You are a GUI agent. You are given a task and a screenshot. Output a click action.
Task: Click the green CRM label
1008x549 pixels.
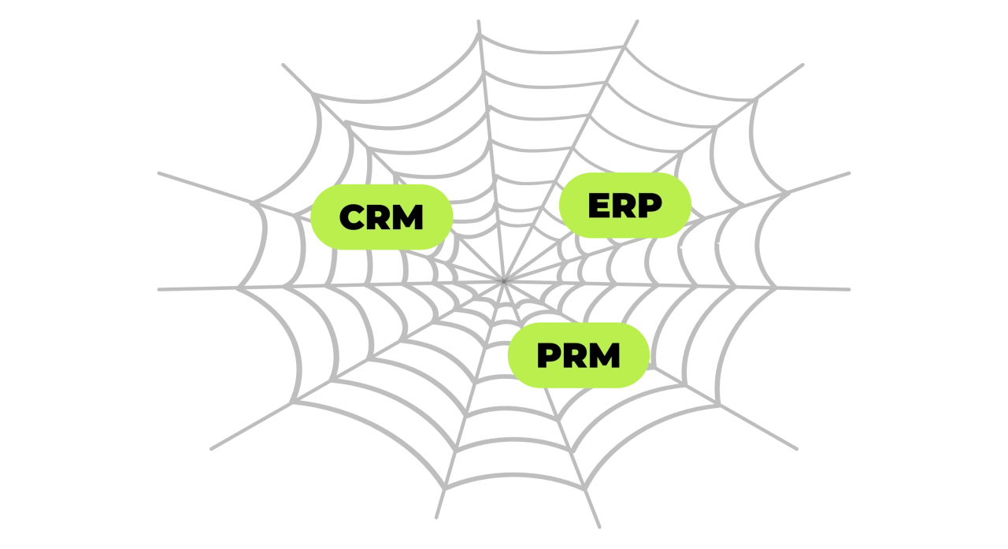click(x=382, y=217)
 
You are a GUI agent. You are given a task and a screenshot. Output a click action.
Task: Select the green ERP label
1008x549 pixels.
click(x=625, y=206)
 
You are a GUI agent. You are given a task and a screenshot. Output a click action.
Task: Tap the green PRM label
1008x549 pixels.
click(x=579, y=355)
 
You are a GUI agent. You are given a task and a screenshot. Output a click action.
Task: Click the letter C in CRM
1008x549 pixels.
click(x=352, y=217)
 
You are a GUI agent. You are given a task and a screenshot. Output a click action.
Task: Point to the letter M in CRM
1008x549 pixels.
click(x=408, y=217)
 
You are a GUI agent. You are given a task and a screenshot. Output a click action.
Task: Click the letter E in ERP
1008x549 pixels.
click(x=598, y=206)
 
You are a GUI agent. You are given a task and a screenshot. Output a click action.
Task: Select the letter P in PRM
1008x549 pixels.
click(x=549, y=355)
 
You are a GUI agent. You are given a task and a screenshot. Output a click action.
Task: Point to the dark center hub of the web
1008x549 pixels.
click(x=503, y=280)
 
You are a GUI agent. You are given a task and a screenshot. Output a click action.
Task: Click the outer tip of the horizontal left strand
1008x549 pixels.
click(x=159, y=290)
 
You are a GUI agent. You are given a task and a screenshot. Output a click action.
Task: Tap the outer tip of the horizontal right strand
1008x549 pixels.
click(x=849, y=290)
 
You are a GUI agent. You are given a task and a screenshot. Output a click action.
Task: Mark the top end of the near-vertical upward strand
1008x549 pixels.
click(x=478, y=21)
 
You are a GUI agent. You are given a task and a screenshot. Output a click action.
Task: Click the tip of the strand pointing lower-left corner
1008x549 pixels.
click(x=212, y=449)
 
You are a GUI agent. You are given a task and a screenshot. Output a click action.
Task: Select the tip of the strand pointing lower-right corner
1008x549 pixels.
click(x=796, y=449)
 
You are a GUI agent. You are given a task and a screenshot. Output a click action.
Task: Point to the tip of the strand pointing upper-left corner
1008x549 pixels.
click(x=283, y=65)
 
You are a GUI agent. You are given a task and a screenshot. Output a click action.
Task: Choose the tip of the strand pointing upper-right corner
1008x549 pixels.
click(x=802, y=65)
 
